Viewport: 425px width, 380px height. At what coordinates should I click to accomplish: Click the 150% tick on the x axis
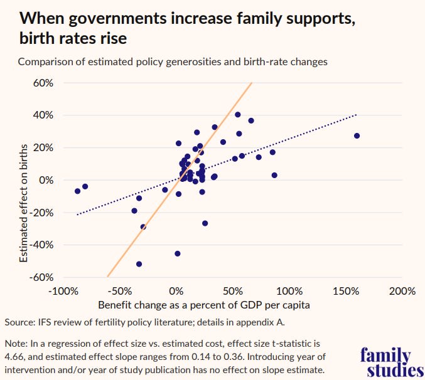345,292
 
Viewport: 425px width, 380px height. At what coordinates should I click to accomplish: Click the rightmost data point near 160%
357,136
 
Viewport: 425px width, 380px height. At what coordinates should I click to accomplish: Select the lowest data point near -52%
139,264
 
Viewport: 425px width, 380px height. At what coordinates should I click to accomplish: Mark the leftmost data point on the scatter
78,191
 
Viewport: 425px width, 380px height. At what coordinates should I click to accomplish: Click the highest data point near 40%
238,115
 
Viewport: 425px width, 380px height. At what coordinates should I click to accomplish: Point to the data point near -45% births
178,253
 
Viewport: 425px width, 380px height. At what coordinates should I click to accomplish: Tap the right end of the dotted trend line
357,115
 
